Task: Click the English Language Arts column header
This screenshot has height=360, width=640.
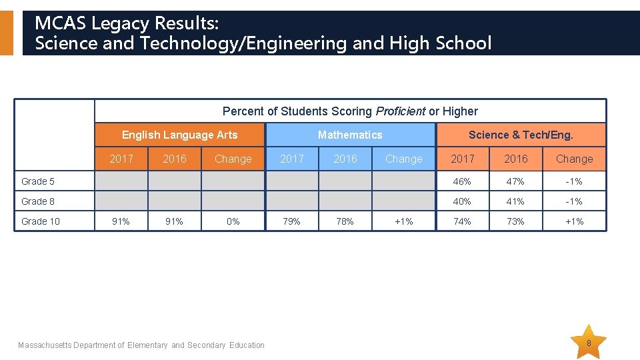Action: (179, 135)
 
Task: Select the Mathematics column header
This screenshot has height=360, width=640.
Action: (350, 135)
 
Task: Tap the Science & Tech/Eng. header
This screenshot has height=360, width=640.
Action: (521, 135)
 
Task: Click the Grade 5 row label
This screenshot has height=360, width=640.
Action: (37, 181)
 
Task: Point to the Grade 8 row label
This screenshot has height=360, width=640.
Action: (37, 201)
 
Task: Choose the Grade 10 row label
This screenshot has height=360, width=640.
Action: (41, 221)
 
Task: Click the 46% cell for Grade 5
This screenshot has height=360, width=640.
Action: (462, 181)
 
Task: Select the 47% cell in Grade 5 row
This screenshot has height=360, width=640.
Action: (515, 181)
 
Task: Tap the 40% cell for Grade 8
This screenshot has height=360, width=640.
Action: (462, 201)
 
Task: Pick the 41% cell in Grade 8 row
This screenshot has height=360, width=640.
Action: (515, 201)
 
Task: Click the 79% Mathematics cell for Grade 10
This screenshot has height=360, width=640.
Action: (291, 221)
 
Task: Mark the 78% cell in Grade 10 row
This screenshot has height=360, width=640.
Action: (345, 221)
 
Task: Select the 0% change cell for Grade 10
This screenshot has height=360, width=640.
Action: (233, 221)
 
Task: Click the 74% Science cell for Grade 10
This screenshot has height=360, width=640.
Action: (462, 221)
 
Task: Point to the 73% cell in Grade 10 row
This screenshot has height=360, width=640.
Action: (515, 221)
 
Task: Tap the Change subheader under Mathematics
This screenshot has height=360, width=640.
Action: (404, 159)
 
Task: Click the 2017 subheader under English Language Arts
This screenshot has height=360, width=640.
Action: (121, 159)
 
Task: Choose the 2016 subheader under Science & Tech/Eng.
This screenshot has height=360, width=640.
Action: (516, 159)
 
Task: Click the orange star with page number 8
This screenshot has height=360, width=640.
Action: (588, 343)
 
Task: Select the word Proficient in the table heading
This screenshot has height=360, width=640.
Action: (401, 111)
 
